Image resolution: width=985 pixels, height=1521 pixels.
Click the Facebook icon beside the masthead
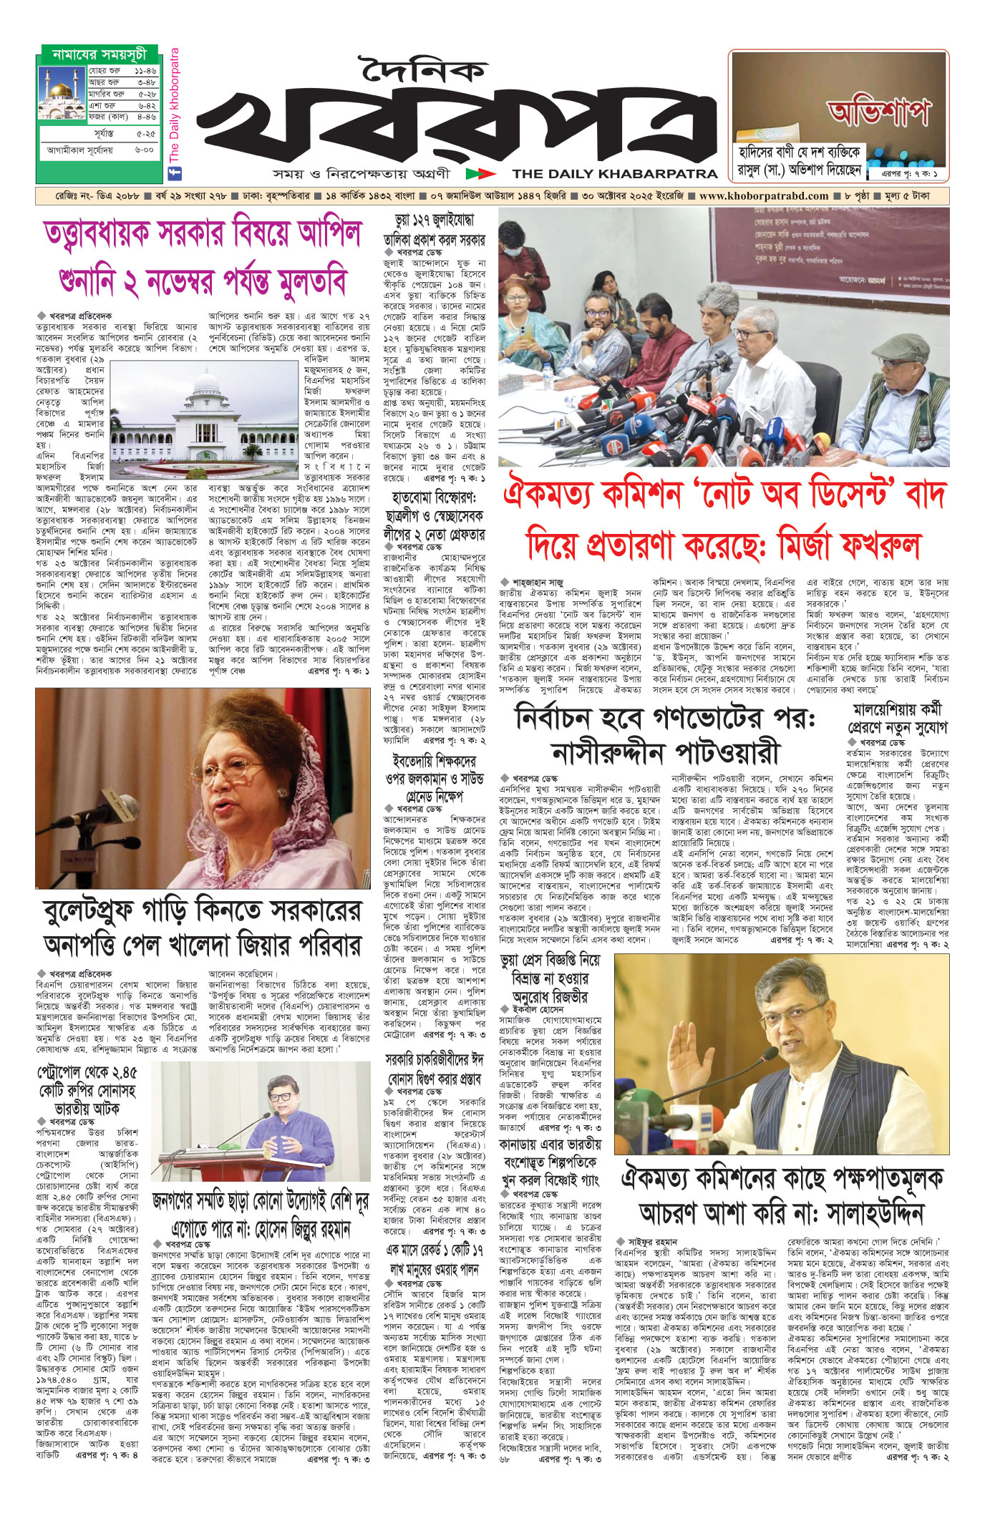pos(173,172)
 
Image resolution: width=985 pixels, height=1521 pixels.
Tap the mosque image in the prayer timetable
pos(62,93)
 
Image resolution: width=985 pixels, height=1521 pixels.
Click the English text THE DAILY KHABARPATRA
pos(614,173)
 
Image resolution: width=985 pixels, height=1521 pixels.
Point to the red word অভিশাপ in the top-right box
pos(879,112)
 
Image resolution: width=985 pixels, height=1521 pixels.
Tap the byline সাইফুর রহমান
pos(652,1242)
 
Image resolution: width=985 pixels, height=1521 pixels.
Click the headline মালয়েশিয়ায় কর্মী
pos(897,710)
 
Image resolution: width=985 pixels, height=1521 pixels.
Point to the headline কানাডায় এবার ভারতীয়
pos(550,1145)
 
